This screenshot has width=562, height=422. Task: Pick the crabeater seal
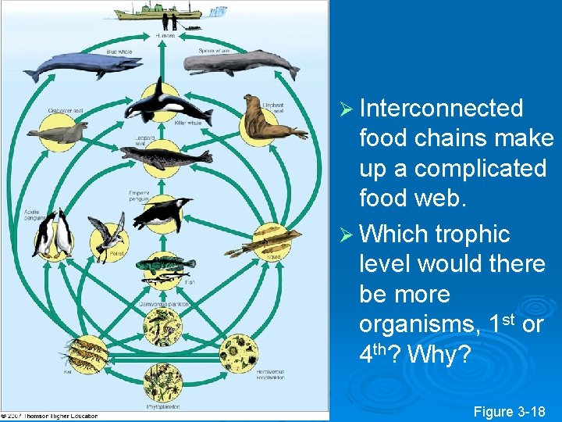(x=59, y=134)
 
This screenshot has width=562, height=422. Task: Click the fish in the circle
(x=164, y=269)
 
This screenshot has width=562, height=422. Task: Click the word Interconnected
(x=441, y=108)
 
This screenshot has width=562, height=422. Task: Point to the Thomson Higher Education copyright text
(x=51, y=416)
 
